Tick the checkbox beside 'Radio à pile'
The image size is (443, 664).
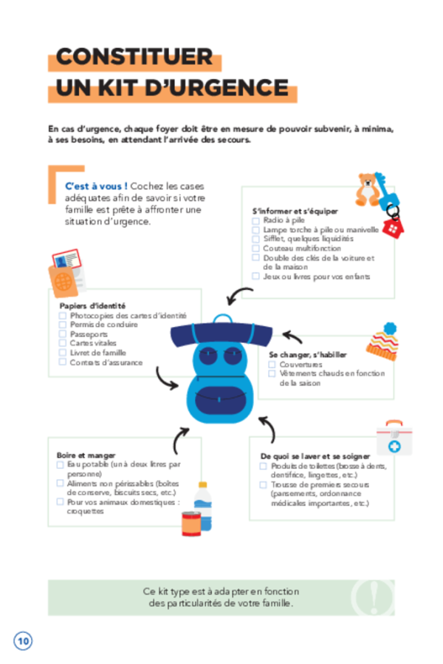[255, 220]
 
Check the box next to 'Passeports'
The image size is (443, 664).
[63, 334]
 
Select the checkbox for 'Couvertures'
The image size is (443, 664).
[272, 365]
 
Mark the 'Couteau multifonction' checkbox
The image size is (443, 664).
[255, 248]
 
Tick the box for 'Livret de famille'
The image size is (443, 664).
[63, 352]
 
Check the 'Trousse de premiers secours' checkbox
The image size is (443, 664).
[263, 484]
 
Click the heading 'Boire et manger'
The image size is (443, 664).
[86, 455]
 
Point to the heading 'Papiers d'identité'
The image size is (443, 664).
[92, 305]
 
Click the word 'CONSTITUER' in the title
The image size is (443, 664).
[134, 57]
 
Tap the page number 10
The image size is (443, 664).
[23, 641]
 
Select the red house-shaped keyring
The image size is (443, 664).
[393, 228]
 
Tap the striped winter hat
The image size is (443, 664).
[383, 342]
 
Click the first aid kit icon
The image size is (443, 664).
[394, 438]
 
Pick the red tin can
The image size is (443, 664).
[191, 524]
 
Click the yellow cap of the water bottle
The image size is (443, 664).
[203, 485]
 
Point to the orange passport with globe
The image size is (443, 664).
[63, 281]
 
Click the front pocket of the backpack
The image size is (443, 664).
[220, 400]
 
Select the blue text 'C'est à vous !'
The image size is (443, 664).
[97, 186]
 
